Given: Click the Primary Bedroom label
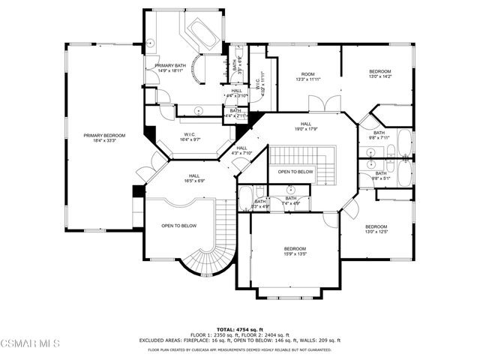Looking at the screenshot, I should point(104,137).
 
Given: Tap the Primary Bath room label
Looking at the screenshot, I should point(170,68).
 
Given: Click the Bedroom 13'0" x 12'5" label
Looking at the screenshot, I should point(376,229).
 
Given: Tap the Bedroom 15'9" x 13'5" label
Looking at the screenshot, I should point(295,251).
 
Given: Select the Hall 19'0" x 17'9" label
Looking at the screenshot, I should point(306,126).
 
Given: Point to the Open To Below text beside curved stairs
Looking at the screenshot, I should point(179,225).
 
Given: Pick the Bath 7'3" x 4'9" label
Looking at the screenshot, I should point(260,203).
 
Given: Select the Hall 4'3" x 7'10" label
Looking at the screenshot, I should point(241,151).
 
